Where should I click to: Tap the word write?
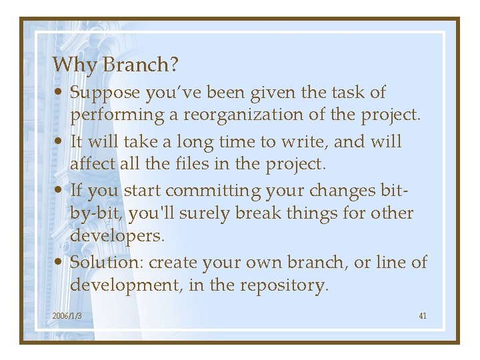[x=305, y=142]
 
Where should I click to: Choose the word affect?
[x=93, y=164]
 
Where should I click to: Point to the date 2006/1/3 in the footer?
[x=67, y=315]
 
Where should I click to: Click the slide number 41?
[x=423, y=315]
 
